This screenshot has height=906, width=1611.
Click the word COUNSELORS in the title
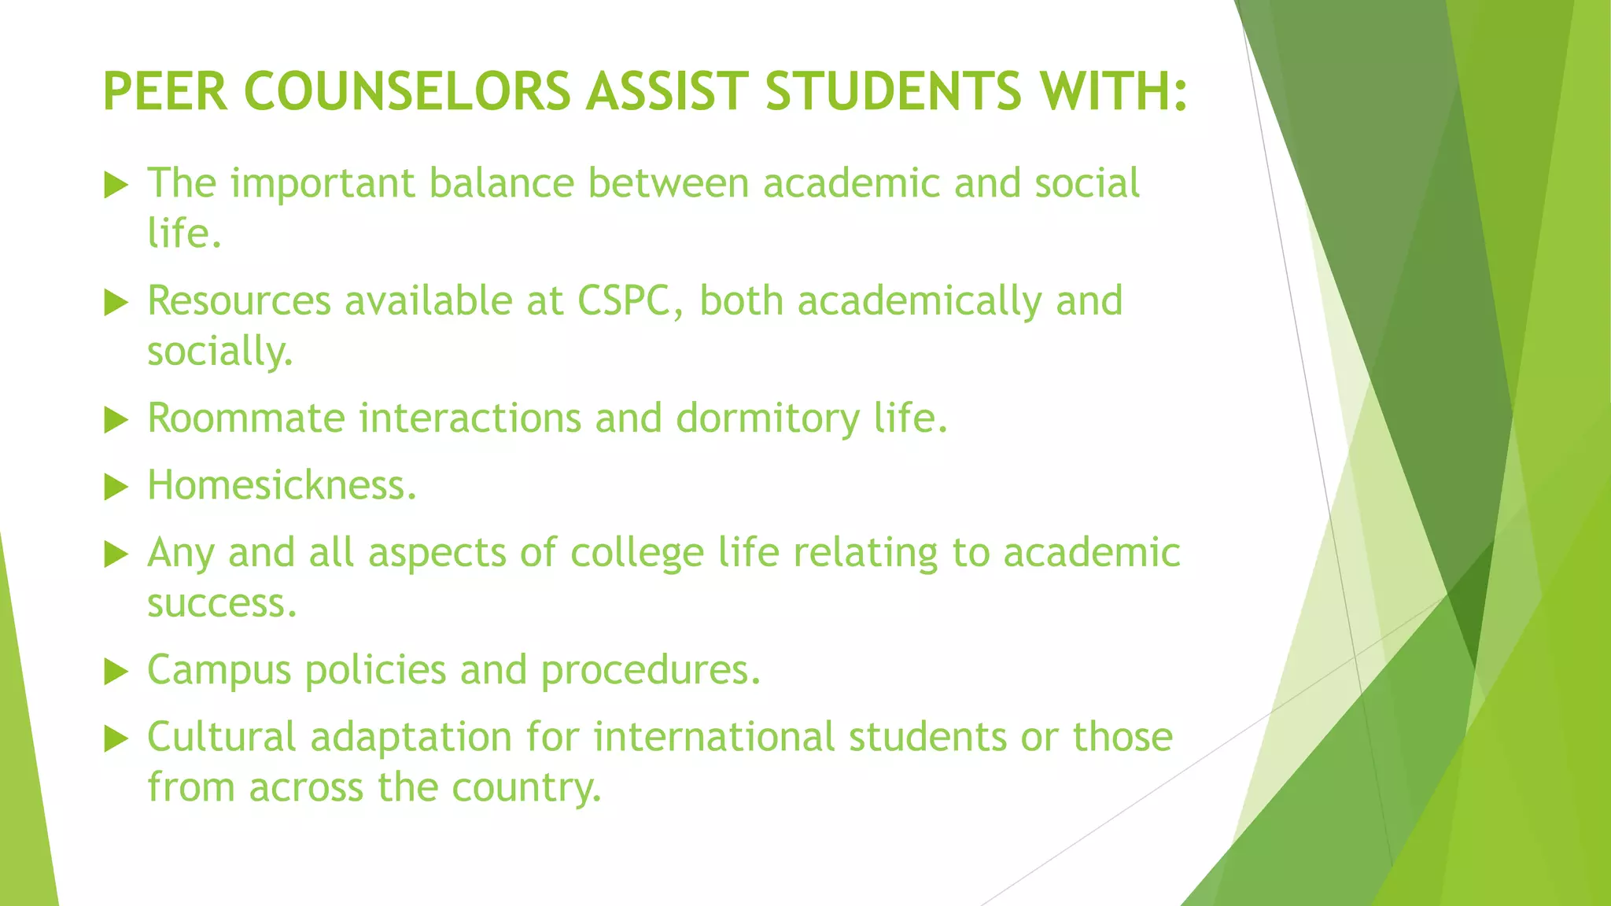click(x=407, y=91)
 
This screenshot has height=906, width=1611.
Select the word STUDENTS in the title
click(x=894, y=91)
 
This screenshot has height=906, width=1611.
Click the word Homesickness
click(x=282, y=485)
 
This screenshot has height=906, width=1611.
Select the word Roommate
click(x=246, y=418)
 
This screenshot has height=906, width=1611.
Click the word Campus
click(x=219, y=671)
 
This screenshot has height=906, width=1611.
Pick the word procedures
click(x=651, y=671)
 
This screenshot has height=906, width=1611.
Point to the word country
click(x=526, y=788)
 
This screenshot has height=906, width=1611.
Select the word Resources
click(x=239, y=300)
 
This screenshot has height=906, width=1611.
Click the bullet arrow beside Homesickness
click(x=116, y=487)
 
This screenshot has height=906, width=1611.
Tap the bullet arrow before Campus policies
click(x=116, y=672)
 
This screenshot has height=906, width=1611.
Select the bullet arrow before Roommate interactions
click(x=116, y=420)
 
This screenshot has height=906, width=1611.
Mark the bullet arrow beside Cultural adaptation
click(x=116, y=738)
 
